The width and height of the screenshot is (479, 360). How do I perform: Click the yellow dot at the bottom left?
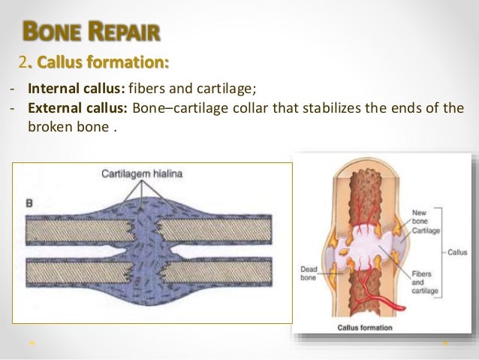pos(33,343)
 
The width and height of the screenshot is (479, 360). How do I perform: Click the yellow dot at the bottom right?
pos(445,343)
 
